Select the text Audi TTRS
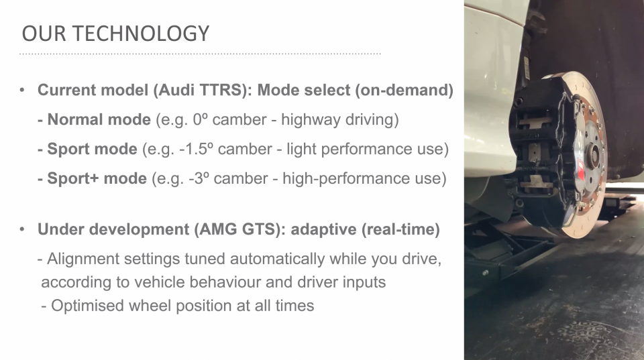(200, 90)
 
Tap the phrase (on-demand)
(404, 90)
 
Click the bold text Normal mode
(99, 119)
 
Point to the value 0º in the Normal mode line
(200, 119)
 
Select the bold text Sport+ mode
(97, 178)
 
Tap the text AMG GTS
(240, 229)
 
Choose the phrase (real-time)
(400, 229)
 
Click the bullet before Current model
(22, 91)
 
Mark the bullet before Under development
(22, 229)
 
